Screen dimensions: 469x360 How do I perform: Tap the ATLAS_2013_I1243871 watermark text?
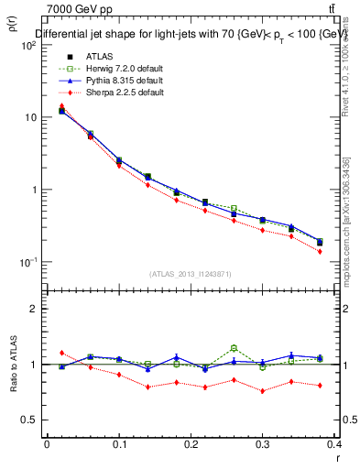pos(190,274)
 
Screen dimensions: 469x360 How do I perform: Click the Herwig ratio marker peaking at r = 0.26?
pos(234,348)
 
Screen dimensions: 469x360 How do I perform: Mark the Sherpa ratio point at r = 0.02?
pos(61,353)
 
